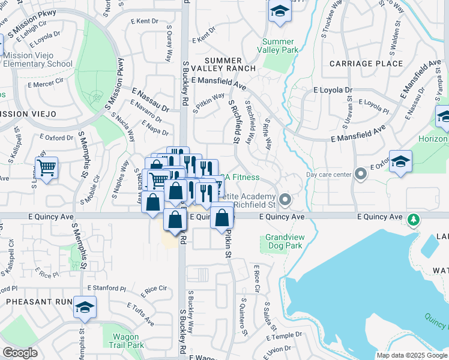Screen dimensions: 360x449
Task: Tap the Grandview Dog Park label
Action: [x=285, y=242]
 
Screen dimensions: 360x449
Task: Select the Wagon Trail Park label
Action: [x=126, y=341]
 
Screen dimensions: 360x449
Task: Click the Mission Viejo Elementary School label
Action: [x=37, y=59]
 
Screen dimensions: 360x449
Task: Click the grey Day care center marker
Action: [x=360, y=175]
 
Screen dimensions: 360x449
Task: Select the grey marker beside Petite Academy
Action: [x=285, y=199]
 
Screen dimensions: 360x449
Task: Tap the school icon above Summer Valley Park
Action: [x=280, y=12]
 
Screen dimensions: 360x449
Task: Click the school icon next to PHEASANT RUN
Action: [x=85, y=308]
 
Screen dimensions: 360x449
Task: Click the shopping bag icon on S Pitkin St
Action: [x=222, y=218]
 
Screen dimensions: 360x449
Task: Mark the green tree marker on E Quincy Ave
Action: [x=413, y=221]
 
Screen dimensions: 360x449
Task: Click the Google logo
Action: [x=20, y=353]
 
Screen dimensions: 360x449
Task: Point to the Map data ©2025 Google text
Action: [x=411, y=355]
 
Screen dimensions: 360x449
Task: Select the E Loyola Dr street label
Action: [x=333, y=91]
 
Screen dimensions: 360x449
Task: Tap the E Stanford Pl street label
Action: [x=105, y=289]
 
